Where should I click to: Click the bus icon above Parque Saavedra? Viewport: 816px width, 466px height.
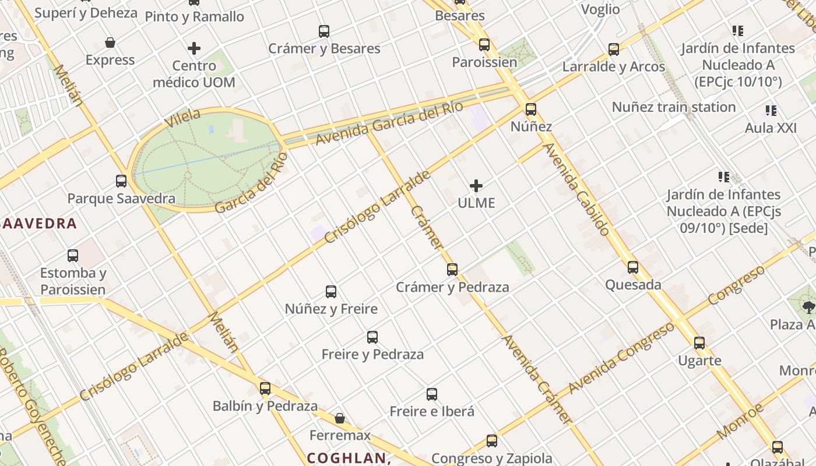click(x=121, y=181)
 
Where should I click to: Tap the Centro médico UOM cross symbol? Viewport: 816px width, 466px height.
click(x=194, y=48)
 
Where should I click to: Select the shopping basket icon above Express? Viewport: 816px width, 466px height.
click(x=110, y=43)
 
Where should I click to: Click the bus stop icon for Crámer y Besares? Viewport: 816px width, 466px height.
click(x=324, y=31)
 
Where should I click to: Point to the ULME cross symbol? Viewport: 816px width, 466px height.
click(x=476, y=186)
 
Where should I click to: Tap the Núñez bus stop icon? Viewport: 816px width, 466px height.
click(x=530, y=110)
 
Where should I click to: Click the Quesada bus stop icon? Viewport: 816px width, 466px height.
click(x=633, y=268)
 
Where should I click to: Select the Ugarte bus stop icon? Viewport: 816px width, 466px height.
click(x=699, y=343)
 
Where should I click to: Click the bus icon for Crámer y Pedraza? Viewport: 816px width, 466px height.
click(x=452, y=270)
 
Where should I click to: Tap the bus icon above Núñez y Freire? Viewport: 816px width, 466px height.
click(x=331, y=292)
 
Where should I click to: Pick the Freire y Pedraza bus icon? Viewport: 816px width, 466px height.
click(x=372, y=337)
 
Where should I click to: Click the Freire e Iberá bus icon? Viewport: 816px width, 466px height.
click(x=432, y=394)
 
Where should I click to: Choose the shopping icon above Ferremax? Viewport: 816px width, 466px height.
click(x=340, y=418)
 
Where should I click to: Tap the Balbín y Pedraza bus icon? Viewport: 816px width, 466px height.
click(x=265, y=389)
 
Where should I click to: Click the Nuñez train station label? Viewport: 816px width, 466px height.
click(x=673, y=107)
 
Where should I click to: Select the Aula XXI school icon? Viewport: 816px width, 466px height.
click(x=771, y=111)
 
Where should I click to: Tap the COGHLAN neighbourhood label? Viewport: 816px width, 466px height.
click(x=348, y=458)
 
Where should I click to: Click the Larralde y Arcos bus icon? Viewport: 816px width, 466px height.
click(x=614, y=50)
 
